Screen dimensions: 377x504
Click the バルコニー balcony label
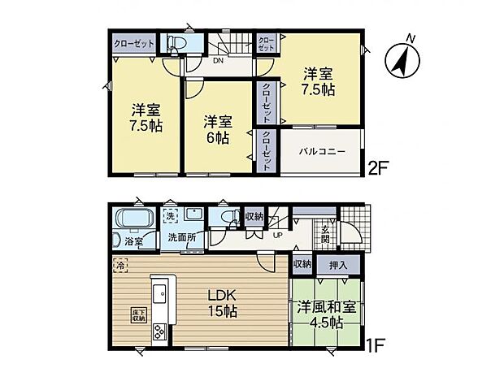click(x=319, y=151)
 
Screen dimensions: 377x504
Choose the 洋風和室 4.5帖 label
click(x=325, y=315)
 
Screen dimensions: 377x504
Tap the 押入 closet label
click(x=337, y=265)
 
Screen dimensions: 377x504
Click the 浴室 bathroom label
click(x=133, y=242)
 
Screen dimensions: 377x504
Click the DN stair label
click(x=218, y=59)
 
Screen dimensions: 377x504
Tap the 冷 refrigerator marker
click(x=120, y=266)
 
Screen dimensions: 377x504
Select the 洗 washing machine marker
click(x=170, y=216)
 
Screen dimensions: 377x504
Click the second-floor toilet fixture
click(x=177, y=43)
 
